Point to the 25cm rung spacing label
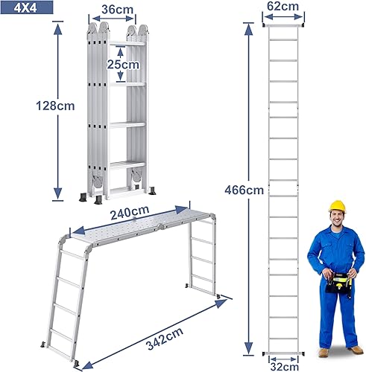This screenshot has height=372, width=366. (x=122, y=64)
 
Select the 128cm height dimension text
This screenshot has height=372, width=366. (x=56, y=105)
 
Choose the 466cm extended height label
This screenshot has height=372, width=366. (x=244, y=189)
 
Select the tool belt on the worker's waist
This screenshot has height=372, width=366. (x=339, y=281)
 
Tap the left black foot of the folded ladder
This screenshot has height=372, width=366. (x=79, y=196)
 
